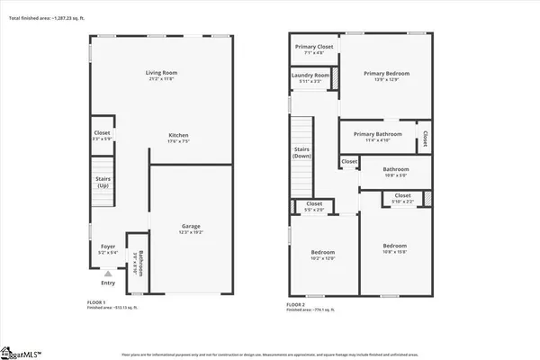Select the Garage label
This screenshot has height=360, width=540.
click(191, 226)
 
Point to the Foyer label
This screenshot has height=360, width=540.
click(107, 246)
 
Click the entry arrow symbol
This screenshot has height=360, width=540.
click(109, 273)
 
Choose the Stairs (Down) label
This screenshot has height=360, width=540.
click(301, 153)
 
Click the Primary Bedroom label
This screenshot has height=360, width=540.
click(386, 75)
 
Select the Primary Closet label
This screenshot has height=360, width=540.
click(313, 47)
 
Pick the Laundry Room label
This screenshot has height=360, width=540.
click(310, 76)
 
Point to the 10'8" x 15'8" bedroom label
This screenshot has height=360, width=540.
click(394, 246)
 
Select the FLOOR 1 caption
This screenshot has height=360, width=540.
click(95, 301)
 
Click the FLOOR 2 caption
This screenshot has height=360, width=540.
click(296, 304)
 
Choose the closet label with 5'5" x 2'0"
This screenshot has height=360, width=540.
click(314, 204)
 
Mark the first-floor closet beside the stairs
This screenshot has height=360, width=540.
click(102, 133)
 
